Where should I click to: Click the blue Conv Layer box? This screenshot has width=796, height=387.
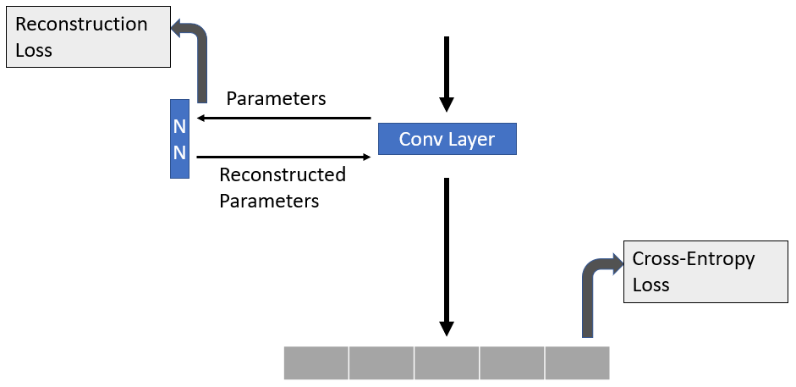(447, 139)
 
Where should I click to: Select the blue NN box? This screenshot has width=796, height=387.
(179, 139)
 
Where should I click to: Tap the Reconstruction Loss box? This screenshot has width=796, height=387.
(88, 37)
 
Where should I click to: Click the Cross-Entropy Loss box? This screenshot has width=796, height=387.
(706, 271)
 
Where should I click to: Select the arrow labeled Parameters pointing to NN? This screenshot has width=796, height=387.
(283, 119)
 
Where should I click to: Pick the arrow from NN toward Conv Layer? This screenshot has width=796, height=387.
(283, 157)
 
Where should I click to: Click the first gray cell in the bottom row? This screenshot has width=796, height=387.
(316, 362)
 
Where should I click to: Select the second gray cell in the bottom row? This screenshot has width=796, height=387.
(381, 362)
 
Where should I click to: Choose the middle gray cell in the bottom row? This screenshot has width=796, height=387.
(447, 362)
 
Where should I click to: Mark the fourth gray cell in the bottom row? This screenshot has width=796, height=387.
(512, 362)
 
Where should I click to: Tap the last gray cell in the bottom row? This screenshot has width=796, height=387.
(577, 362)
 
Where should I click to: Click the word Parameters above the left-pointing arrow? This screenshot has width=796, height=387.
(276, 98)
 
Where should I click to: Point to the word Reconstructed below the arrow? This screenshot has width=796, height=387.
(283, 175)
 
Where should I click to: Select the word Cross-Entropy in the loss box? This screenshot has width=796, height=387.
(694, 259)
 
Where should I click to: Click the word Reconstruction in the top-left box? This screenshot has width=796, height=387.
(81, 25)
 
